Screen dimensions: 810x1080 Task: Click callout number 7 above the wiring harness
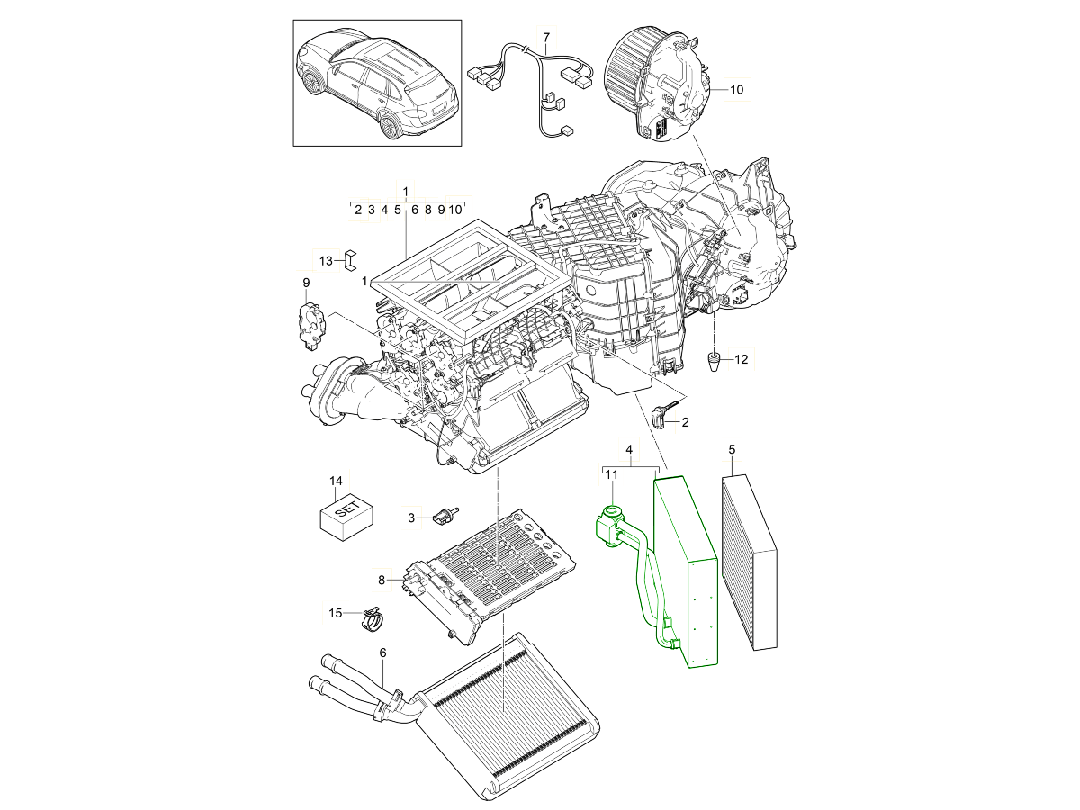point(544,37)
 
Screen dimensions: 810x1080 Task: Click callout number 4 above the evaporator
point(630,449)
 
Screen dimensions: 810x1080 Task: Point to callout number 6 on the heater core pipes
point(382,652)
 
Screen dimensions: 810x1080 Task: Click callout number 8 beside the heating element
point(381,580)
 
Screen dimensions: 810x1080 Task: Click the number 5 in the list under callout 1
point(398,210)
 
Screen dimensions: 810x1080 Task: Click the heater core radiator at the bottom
point(508,720)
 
